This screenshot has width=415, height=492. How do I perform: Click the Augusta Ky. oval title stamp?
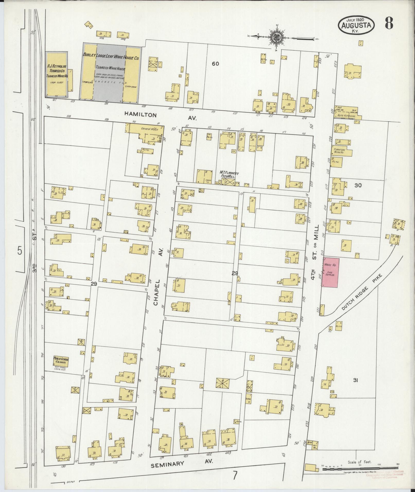356,25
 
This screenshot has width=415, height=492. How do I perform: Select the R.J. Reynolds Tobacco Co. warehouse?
57,74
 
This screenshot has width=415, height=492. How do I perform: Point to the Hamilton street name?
141,115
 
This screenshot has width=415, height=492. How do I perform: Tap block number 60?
215,64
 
